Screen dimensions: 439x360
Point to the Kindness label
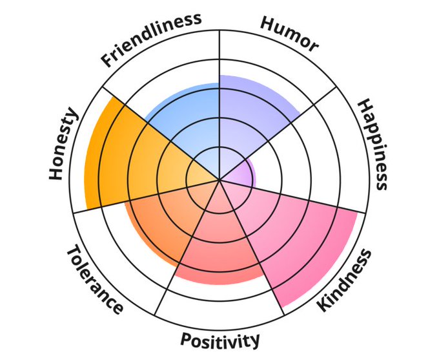[x=345, y=280]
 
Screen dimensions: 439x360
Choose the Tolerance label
[x=94, y=279]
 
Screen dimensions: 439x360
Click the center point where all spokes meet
[x=219, y=180]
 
